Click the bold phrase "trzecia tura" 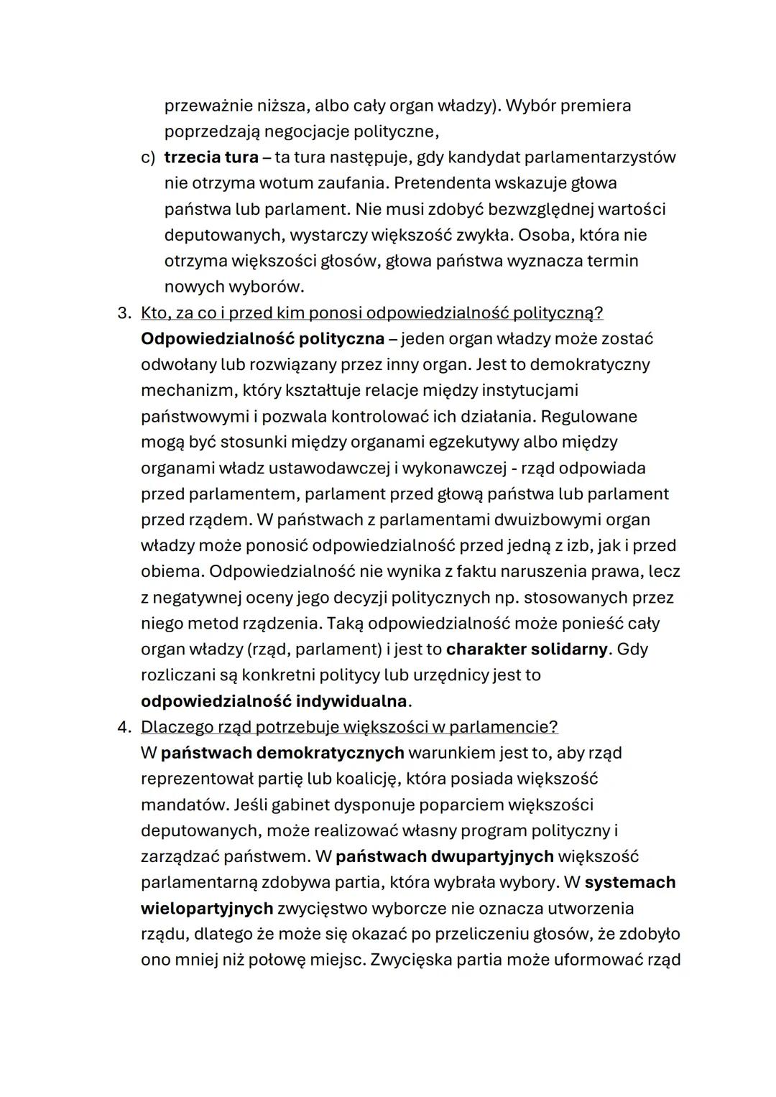(211, 157)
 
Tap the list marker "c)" (147, 157)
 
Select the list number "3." (124, 313)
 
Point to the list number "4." (124, 726)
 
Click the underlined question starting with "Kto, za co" (371, 313)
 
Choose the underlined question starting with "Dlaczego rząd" (349, 726)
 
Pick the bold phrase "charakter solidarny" (527, 649)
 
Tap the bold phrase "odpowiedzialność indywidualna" (274, 700)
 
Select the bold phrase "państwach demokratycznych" (282, 752)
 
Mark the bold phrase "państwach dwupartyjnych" (444, 856)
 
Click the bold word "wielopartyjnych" (207, 907)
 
